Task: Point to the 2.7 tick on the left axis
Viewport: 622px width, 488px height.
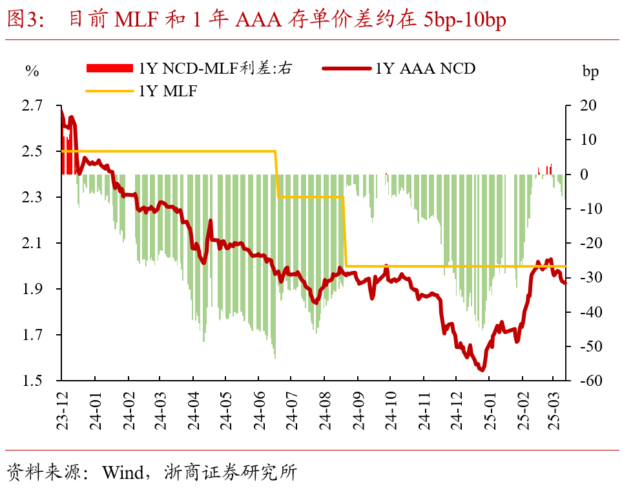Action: [x=33, y=105]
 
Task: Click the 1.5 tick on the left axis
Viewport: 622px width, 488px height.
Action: [x=33, y=381]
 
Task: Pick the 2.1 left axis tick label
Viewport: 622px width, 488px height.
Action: [x=33, y=243]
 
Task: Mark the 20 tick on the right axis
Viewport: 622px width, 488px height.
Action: [x=588, y=105]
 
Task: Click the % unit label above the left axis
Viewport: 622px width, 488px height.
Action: [x=32, y=71]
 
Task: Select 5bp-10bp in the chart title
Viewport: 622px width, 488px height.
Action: [x=465, y=21]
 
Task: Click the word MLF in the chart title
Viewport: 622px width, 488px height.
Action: [x=136, y=21]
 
